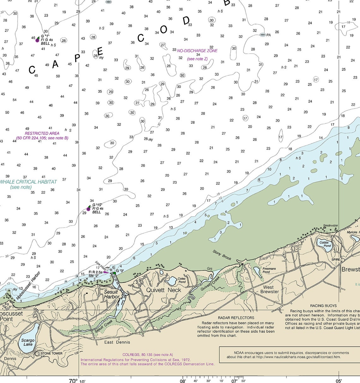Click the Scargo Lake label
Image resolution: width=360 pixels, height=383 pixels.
pos(28,342)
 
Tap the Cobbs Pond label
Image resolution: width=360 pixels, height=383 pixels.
pos(325,244)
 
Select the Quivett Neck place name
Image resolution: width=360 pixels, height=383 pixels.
pos(164,290)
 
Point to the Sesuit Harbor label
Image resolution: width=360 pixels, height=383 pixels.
pos(111,294)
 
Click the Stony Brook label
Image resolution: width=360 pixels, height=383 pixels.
pos(222,255)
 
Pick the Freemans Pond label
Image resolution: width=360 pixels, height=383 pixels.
pos(269,270)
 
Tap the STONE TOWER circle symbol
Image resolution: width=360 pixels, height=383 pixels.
pos(38,354)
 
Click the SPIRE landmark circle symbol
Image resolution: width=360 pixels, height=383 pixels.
pos(343,260)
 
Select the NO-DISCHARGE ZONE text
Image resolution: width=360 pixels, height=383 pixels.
pos(197,51)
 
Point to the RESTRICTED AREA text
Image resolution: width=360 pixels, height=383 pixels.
pos(42,133)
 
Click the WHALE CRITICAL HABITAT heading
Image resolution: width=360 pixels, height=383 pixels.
pos(28,182)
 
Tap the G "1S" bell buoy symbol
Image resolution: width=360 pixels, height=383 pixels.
pos(88,209)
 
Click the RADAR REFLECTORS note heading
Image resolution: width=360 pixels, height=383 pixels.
pos(236,318)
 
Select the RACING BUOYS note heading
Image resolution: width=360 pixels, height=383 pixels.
pos(323,306)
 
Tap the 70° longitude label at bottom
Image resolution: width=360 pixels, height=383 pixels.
pos(73,380)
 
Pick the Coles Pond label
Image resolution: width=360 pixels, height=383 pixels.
pos(182,280)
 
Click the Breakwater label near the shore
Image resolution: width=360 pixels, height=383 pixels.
pos(330,225)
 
